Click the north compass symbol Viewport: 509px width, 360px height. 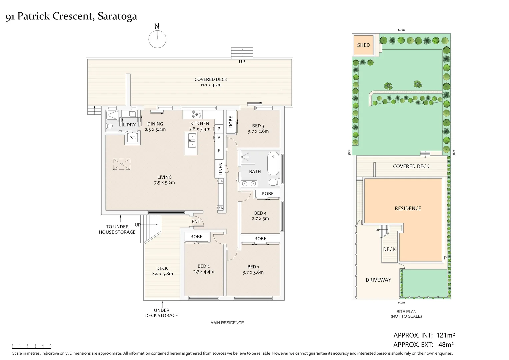[x=157, y=39]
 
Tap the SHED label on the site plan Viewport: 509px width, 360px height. [x=363, y=45]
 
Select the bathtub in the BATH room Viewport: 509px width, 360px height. [x=273, y=163]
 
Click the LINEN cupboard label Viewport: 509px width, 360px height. [x=220, y=169]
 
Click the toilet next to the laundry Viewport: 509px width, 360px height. [x=110, y=126]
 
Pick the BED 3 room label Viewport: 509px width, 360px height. [x=258, y=126]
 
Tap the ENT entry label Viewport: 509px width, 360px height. [x=196, y=221]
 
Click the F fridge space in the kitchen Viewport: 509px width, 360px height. [x=219, y=150]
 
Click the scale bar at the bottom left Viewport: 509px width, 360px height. [x=31, y=346]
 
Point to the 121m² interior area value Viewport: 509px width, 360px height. [x=445, y=335]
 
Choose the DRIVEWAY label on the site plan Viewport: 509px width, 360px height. [x=378, y=280]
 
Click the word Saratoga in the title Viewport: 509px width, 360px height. [x=117, y=16]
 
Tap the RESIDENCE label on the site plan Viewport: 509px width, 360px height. [x=408, y=208]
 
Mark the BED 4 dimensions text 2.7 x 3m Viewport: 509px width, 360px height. [x=260, y=218]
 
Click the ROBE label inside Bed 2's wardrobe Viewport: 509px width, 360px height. [x=196, y=237]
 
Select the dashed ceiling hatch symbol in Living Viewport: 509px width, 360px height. [x=122, y=164]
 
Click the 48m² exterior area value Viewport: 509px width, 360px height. [x=446, y=345]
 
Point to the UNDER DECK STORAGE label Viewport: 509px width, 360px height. [x=162, y=313]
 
